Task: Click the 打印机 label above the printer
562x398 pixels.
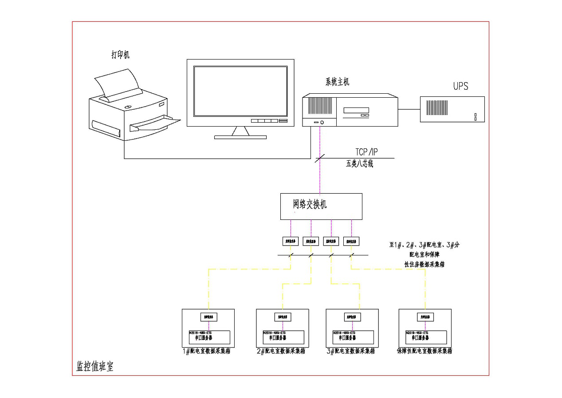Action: click(x=120, y=55)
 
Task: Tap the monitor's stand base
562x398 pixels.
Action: click(x=240, y=137)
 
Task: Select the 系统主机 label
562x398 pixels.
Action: click(x=337, y=82)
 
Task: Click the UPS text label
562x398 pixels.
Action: click(x=460, y=86)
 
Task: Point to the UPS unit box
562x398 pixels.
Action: click(x=452, y=109)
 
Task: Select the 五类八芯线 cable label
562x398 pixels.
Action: click(x=359, y=164)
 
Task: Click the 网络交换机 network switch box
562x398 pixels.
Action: click(x=321, y=206)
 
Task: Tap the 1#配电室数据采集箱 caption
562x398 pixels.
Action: click(x=207, y=351)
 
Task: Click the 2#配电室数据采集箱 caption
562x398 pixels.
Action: click(x=281, y=351)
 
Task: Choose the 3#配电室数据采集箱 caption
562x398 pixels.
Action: click(x=351, y=351)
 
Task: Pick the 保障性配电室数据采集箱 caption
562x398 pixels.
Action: click(x=424, y=351)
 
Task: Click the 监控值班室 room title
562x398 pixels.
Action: click(x=95, y=367)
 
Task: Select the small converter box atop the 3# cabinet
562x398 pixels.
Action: click(x=353, y=317)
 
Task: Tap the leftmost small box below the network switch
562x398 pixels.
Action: click(x=291, y=241)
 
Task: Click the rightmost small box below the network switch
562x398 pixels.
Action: click(x=351, y=241)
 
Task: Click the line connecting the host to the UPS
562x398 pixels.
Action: click(x=409, y=109)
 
